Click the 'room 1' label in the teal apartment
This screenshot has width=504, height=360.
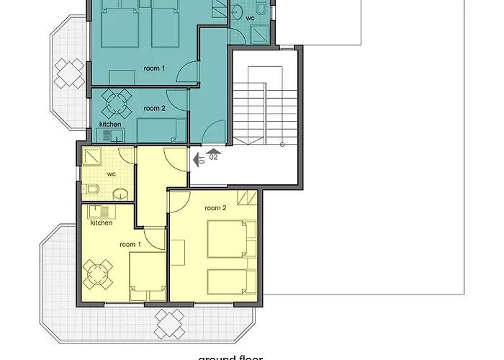154,68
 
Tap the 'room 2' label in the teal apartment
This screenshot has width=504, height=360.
154,108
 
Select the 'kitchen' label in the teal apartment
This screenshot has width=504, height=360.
110,124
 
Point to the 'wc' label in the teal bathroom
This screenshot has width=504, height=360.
250,18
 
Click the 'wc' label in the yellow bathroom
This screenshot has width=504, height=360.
112,174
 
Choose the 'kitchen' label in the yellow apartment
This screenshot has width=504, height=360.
102,222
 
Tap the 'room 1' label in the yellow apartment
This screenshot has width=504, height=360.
130,245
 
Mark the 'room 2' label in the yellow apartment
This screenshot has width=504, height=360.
215,208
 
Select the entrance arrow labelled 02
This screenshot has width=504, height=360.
213,153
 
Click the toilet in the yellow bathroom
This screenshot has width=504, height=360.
91,189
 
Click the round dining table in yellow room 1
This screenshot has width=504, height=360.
97,274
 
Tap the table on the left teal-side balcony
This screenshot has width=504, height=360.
70,71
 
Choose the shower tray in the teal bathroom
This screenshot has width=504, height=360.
256,32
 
